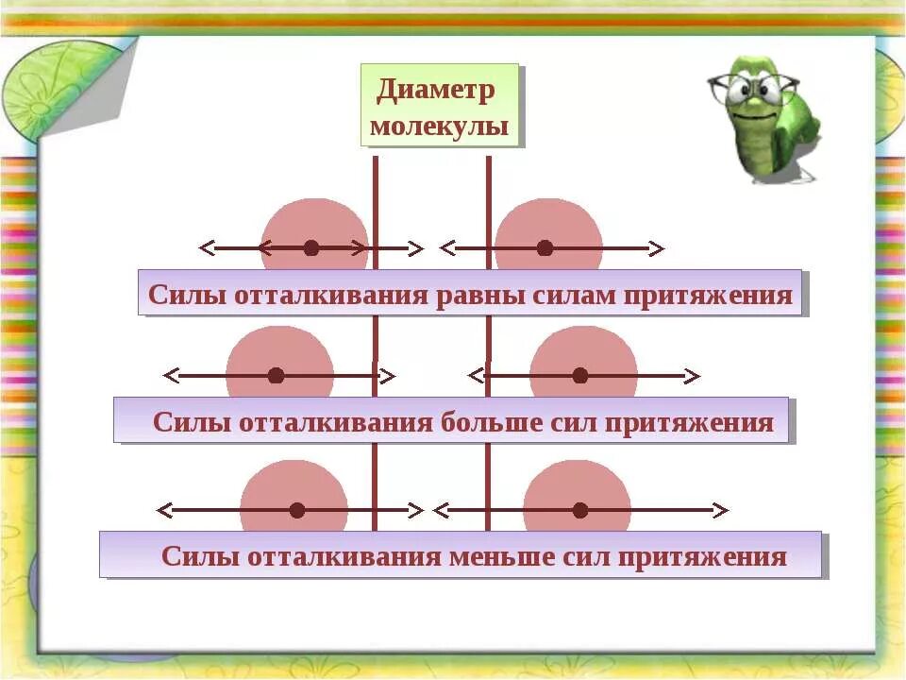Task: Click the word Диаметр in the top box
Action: pyautogui.click(x=435, y=91)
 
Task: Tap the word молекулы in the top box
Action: pyautogui.click(x=439, y=127)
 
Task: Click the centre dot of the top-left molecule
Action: pyautogui.click(x=311, y=248)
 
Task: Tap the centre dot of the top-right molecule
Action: pyautogui.click(x=545, y=248)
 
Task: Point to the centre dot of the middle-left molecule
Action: pyautogui.click(x=276, y=376)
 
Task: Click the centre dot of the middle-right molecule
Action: pyautogui.click(x=579, y=376)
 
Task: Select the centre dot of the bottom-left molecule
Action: pyautogui.click(x=297, y=510)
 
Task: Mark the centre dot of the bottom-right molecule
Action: pyautogui.click(x=579, y=510)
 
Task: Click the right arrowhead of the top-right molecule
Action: pyautogui.click(x=657, y=248)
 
